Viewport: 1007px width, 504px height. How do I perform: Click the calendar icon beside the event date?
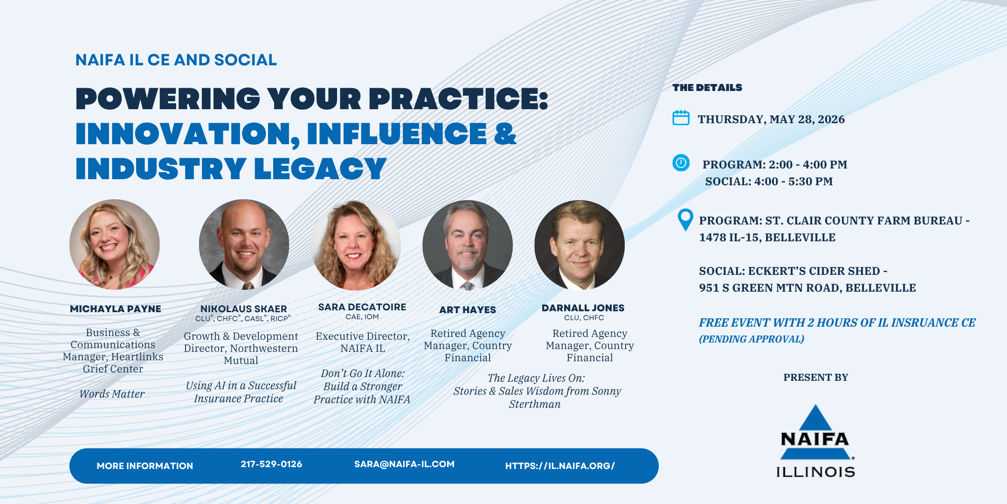point(681,118)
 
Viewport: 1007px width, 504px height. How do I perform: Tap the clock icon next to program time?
point(681,163)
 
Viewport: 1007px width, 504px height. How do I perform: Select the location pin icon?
point(685,220)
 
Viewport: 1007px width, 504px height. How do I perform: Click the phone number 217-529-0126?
point(271,464)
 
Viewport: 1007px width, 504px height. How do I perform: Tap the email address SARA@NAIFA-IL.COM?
point(404,464)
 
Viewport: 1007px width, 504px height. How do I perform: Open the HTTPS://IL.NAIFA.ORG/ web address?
point(560,466)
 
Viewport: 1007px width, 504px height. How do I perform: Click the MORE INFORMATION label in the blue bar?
point(145,466)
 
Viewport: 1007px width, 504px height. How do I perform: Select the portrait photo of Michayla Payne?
point(115,245)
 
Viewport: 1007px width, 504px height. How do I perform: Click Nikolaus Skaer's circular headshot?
point(244,245)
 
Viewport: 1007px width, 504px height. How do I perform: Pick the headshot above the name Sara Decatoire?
point(356,245)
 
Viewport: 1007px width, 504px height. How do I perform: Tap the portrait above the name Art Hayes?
point(468,245)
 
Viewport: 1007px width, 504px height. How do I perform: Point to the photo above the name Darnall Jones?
point(579,245)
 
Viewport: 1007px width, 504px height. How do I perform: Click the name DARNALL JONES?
point(583,308)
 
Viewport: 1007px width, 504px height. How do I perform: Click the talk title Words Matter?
point(112,394)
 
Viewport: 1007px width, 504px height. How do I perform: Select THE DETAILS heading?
point(707,88)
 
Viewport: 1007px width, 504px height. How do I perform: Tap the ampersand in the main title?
point(505,133)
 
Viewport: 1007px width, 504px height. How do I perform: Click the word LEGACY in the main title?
point(321,168)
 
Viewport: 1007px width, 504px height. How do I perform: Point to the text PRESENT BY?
point(816,378)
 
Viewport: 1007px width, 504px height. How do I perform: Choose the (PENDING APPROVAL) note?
point(752,339)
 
